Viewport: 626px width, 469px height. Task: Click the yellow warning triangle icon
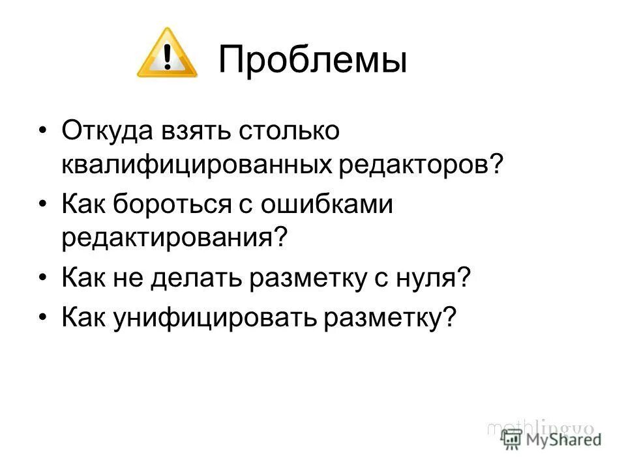[x=167, y=55]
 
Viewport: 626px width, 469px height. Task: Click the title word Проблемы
[x=313, y=61]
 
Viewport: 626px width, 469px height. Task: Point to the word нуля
[x=430, y=279]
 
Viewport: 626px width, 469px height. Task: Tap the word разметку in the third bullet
[x=316, y=279]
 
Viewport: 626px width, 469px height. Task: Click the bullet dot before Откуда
[x=43, y=130]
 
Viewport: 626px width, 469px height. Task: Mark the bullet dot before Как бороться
[x=43, y=204]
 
